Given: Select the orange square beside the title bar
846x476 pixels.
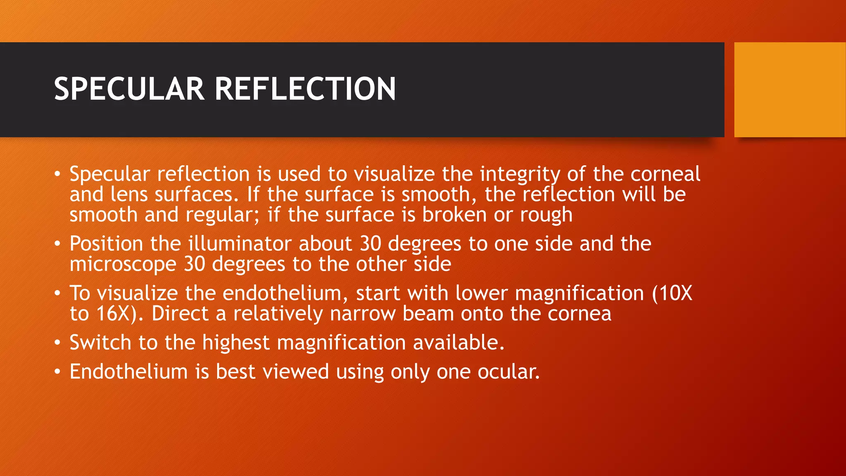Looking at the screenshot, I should (790, 90).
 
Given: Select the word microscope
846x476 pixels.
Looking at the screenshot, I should (123, 264).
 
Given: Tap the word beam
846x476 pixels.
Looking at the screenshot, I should (428, 314).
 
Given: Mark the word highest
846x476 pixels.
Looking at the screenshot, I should (235, 343).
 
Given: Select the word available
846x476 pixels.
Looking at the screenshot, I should (458, 343).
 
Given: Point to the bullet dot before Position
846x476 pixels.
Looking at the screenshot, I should (57, 244).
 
